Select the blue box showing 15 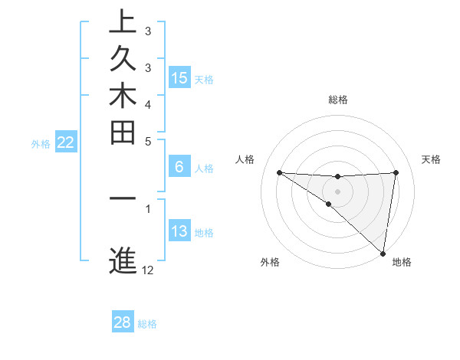point(179,78)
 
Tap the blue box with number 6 point(179,168)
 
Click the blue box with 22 point(65,142)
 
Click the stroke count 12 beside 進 point(148,270)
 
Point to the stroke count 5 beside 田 point(148,141)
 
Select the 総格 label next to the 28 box point(147,323)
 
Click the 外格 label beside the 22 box point(41,143)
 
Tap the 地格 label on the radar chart point(402,262)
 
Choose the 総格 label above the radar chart point(338,100)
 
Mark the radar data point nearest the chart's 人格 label point(279,172)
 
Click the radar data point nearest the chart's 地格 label point(383,253)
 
